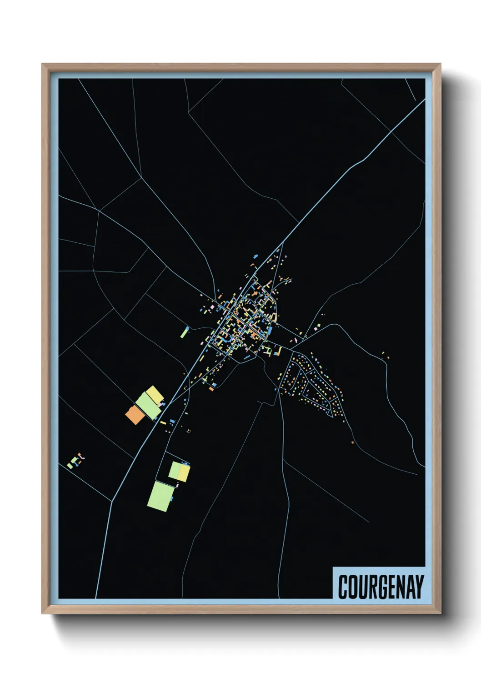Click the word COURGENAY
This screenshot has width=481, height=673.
coord(381,587)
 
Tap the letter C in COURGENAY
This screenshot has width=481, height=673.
coord(343,587)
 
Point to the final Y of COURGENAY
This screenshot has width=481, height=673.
coord(419,587)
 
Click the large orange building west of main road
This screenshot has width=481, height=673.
coord(135,415)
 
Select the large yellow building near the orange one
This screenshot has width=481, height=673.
coord(155,395)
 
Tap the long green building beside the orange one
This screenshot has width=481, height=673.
coord(148,406)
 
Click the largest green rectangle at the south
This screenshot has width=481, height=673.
coord(160,497)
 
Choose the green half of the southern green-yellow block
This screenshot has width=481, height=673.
coord(175,471)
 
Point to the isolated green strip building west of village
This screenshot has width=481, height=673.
coord(184,333)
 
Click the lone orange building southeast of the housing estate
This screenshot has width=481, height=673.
coord(352,442)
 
